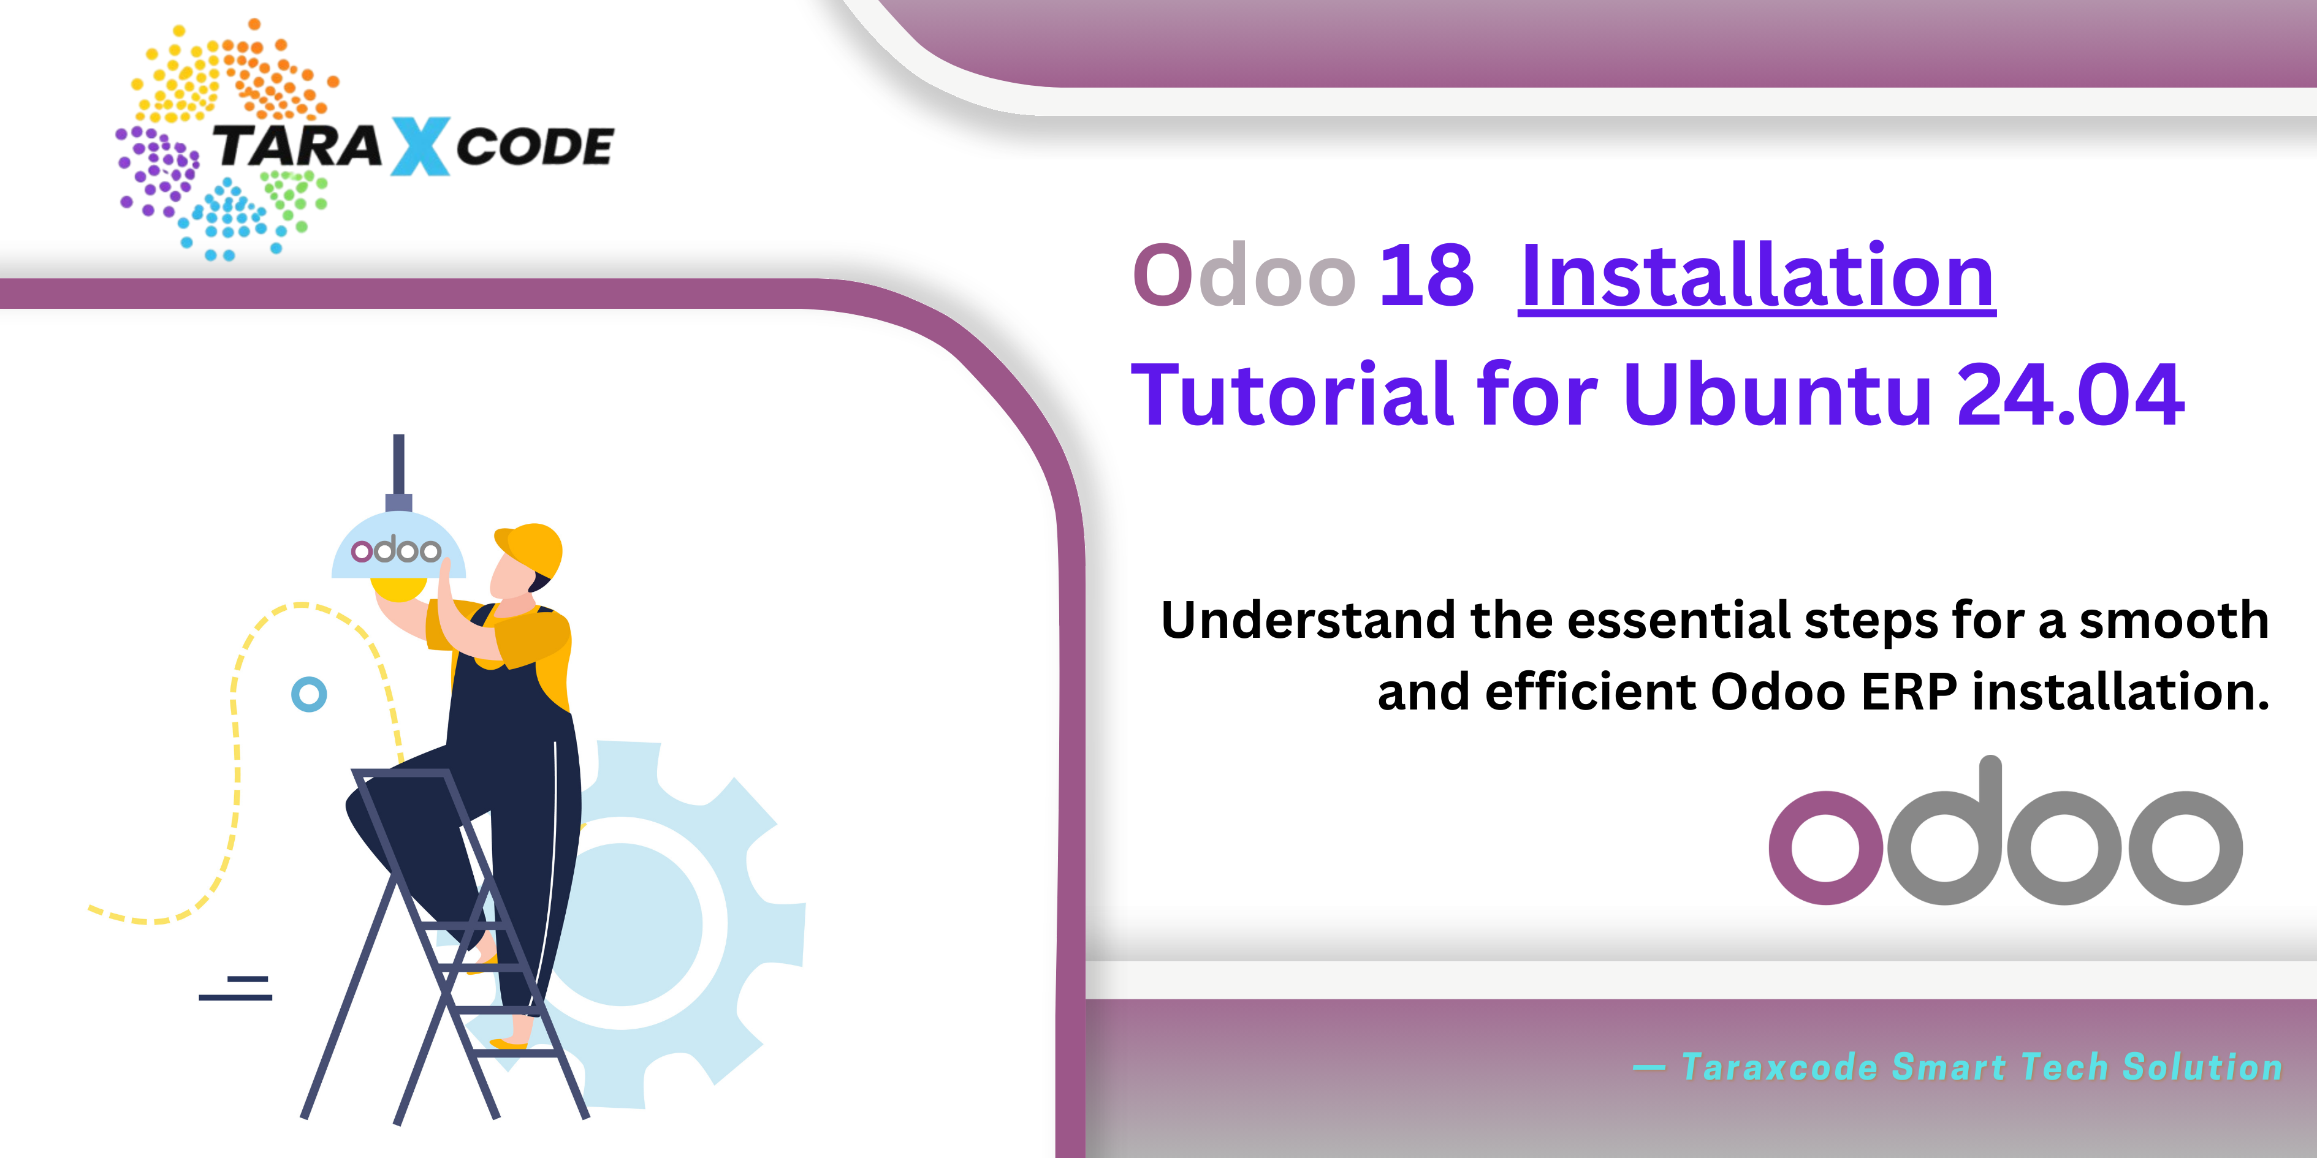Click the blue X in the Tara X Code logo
[x=419, y=146]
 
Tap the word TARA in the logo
[x=297, y=146]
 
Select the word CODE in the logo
[x=535, y=146]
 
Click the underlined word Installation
[x=1757, y=275]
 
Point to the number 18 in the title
[x=1426, y=275]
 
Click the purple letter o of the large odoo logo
[x=1825, y=847]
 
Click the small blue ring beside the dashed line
[x=308, y=694]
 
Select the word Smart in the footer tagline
[x=1949, y=1067]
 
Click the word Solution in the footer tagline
[x=2203, y=1067]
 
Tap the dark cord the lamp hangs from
[x=398, y=464]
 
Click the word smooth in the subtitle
[x=2174, y=620]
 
